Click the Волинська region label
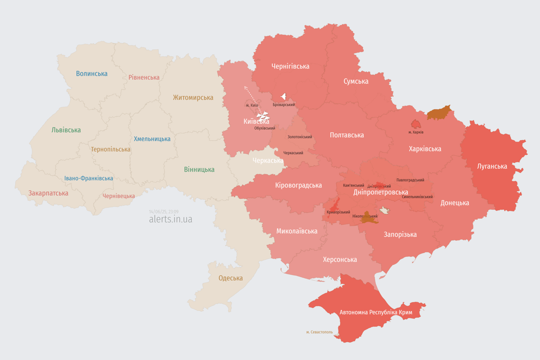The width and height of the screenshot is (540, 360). click(x=92, y=74)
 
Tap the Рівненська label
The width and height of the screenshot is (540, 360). click(x=144, y=77)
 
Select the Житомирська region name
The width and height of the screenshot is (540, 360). click(x=193, y=97)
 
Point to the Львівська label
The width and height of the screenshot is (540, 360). click(x=66, y=130)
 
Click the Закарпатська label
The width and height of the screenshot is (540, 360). click(x=48, y=193)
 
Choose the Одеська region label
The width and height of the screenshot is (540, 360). click(x=231, y=278)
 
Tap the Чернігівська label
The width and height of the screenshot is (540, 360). click(x=290, y=66)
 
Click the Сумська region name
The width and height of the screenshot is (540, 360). click(x=356, y=81)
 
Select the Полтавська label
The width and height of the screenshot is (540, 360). click(x=346, y=135)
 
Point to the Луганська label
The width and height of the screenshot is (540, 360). click(x=492, y=166)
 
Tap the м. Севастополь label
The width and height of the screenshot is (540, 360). click(x=319, y=332)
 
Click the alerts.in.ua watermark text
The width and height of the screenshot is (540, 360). click(x=170, y=219)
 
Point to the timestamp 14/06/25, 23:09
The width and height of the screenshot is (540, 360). click(x=164, y=212)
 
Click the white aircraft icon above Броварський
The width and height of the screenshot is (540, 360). click(x=283, y=97)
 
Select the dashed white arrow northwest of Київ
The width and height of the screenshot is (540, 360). click(x=250, y=95)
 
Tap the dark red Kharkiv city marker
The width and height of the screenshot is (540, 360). click(x=416, y=124)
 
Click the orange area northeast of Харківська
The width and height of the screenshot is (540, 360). click(x=439, y=113)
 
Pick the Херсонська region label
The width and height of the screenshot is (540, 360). click(x=340, y=259)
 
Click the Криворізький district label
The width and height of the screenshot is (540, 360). click(x=338, y=212)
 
